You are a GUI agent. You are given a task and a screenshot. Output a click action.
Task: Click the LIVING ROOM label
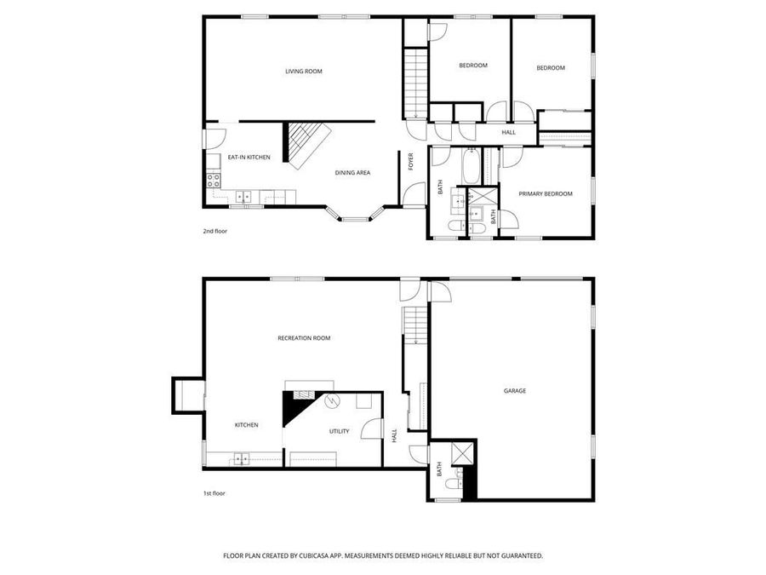coord(304,72)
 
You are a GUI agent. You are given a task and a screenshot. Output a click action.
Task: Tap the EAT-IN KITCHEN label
coord(249,158)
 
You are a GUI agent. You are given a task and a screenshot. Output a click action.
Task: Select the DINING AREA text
coord(352,173)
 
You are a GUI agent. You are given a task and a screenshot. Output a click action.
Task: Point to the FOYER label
coord(410,161)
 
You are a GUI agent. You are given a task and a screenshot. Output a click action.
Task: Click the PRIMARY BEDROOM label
coord(546,194)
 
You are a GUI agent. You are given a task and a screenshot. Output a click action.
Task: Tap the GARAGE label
coord(514,391)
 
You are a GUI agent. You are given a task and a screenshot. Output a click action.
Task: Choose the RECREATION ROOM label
coord(304,338)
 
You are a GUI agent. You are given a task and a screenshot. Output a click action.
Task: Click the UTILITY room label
coord(339,431)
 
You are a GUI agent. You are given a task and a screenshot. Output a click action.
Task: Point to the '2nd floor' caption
coord(214,231)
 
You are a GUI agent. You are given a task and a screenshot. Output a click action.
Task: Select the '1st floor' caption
coord(214,492)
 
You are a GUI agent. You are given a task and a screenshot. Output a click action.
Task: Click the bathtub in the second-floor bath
coord(471,167)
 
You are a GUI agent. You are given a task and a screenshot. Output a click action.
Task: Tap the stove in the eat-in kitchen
coord(214,180)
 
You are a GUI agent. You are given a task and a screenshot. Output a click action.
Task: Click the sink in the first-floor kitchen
coord(241,460)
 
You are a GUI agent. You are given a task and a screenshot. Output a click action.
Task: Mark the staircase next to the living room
coord(414,83)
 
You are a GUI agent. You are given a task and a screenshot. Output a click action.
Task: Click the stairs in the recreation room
coord(413,326)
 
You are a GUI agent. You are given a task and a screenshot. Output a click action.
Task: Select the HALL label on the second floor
coord(508,132)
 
